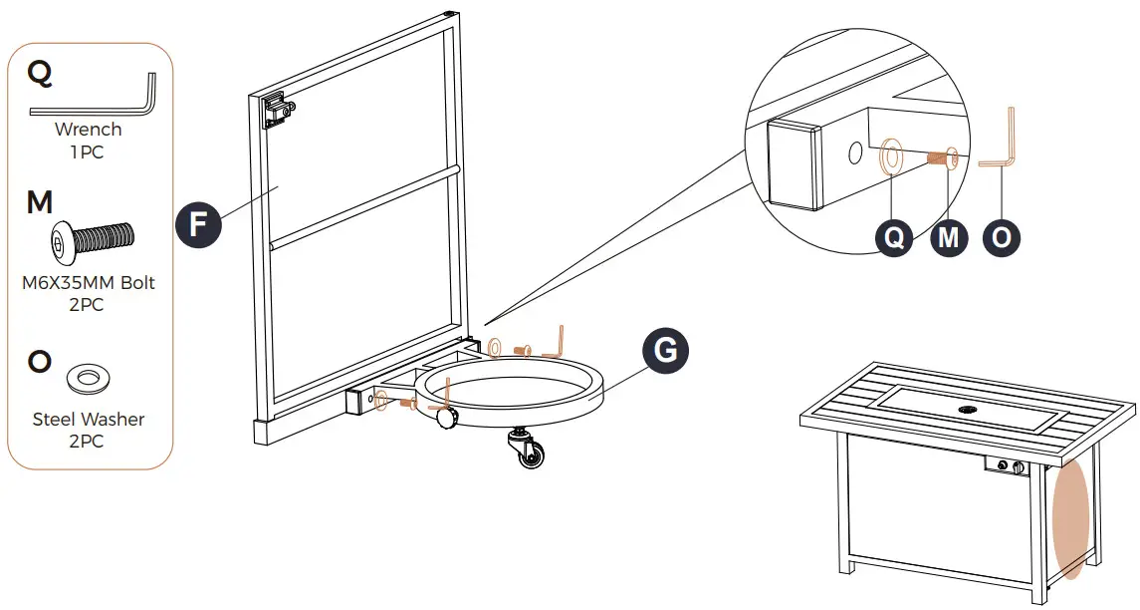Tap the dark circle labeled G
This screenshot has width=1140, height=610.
[x=665, y=351]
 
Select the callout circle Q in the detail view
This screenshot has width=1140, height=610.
[x=894, y=238]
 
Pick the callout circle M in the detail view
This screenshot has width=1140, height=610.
[x=949, y=238]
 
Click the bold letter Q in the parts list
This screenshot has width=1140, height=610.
[x=41, y=73]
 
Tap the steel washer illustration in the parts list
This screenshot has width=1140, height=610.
[x=88, y=378]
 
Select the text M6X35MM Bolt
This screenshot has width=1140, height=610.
[x=89, y=283]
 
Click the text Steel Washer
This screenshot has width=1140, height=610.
[x=89, y=420]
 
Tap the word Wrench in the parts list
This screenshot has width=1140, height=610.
[x=89, y=130]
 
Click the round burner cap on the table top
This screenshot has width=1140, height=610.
[x=968, y=410]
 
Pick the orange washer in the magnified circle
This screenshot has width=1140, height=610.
[x=891, y=156]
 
